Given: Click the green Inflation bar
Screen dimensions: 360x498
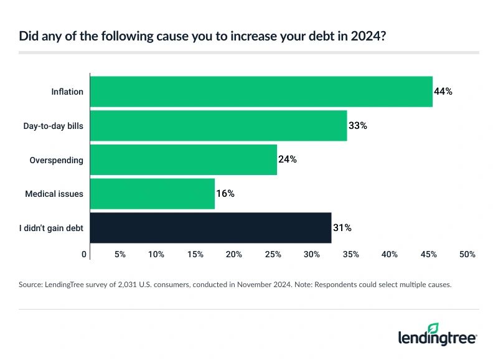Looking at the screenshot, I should (x=261, y=92).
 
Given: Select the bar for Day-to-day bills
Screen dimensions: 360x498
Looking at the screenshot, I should (x=218, y=126).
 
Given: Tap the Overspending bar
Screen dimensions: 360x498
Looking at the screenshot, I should (x=184, y=159).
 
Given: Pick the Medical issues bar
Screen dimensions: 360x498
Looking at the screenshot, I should (x=153, y=194).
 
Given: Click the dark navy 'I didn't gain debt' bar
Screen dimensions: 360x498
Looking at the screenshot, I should (x=210, y=228).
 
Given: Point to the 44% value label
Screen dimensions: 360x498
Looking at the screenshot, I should (x=443, y=92).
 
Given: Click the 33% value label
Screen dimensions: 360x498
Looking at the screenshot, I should (x=358, y=126).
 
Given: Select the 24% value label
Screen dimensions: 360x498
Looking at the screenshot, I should (x=288, y=159).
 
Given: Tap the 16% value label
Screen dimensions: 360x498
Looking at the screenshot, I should (x=225, y=194).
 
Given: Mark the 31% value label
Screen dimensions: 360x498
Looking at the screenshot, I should (x=342, y=228).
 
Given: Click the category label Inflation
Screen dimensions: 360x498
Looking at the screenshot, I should (x=67, y=92).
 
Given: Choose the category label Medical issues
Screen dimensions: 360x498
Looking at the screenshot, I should (x=54, y=194).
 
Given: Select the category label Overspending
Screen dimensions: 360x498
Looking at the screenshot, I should (x=57, y=159).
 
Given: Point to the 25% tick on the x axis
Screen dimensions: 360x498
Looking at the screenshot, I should (x=273, y=255).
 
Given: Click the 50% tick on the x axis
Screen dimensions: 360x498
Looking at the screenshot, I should (x=467, y=255).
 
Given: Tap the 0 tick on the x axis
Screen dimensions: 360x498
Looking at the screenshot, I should (x=84, y=255).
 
